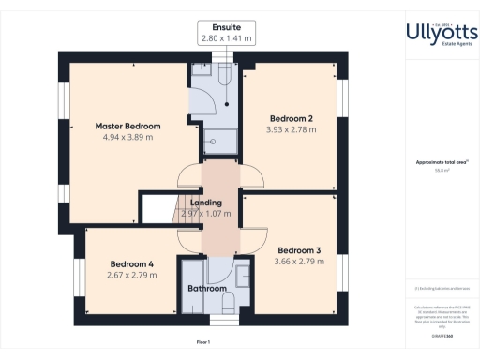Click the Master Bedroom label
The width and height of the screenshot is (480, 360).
point(128,126)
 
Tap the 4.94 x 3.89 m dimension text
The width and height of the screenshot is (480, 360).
point(128,137)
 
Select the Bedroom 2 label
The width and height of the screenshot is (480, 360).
point(292,118)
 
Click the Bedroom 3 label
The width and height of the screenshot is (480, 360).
point(299,250)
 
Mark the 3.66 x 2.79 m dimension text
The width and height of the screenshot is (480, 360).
point(299,262)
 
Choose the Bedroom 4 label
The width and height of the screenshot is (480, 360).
point(131,263)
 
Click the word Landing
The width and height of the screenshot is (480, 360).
point(205,202)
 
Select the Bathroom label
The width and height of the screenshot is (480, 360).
point(207,289)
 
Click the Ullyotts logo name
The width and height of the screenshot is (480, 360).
point(442,32)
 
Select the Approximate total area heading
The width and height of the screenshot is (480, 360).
point(441,162)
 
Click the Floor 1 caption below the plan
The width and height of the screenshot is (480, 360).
point(203,342)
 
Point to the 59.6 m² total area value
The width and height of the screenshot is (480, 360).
point(441,171)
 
